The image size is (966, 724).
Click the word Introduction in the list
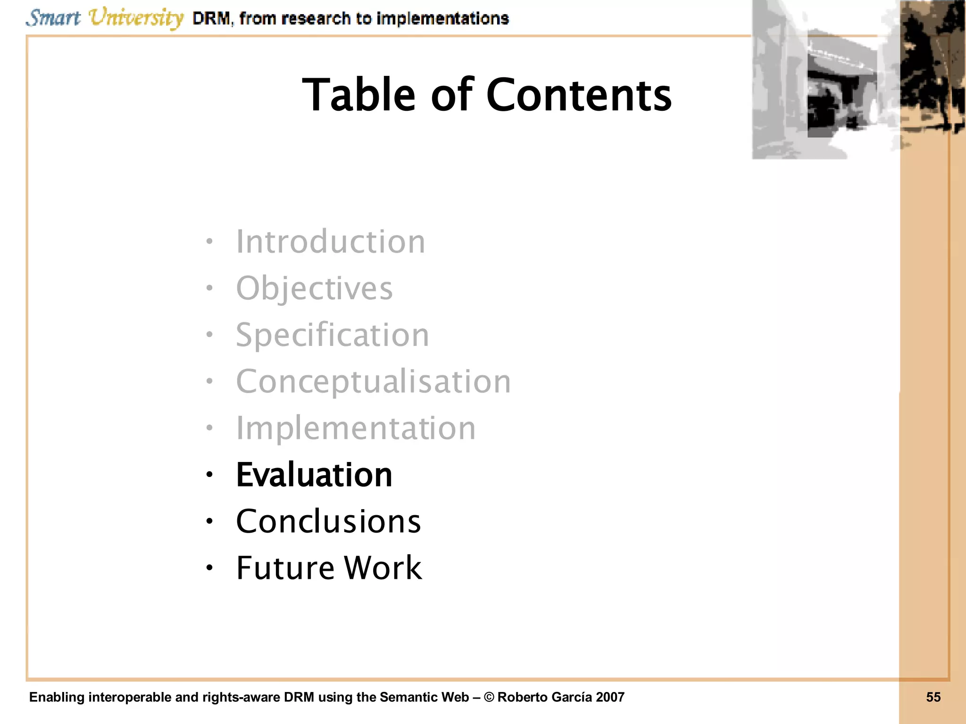(330, 242)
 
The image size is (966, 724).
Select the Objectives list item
(314, 288)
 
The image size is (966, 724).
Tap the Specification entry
(333, 335)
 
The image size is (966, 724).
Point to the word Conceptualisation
(373, 381)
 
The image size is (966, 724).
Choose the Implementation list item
(356, 428)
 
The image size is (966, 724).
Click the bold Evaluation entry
(314, 475)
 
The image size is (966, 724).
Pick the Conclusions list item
(328, 521)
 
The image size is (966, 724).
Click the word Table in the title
(358, 95)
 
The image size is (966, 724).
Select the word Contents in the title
(579, 95)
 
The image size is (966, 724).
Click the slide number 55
(933, 697)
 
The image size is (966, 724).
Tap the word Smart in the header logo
(53, 18)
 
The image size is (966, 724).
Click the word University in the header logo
(136, 18)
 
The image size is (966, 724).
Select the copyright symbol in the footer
(489, 697)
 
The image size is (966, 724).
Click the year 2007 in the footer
(609, 697)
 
